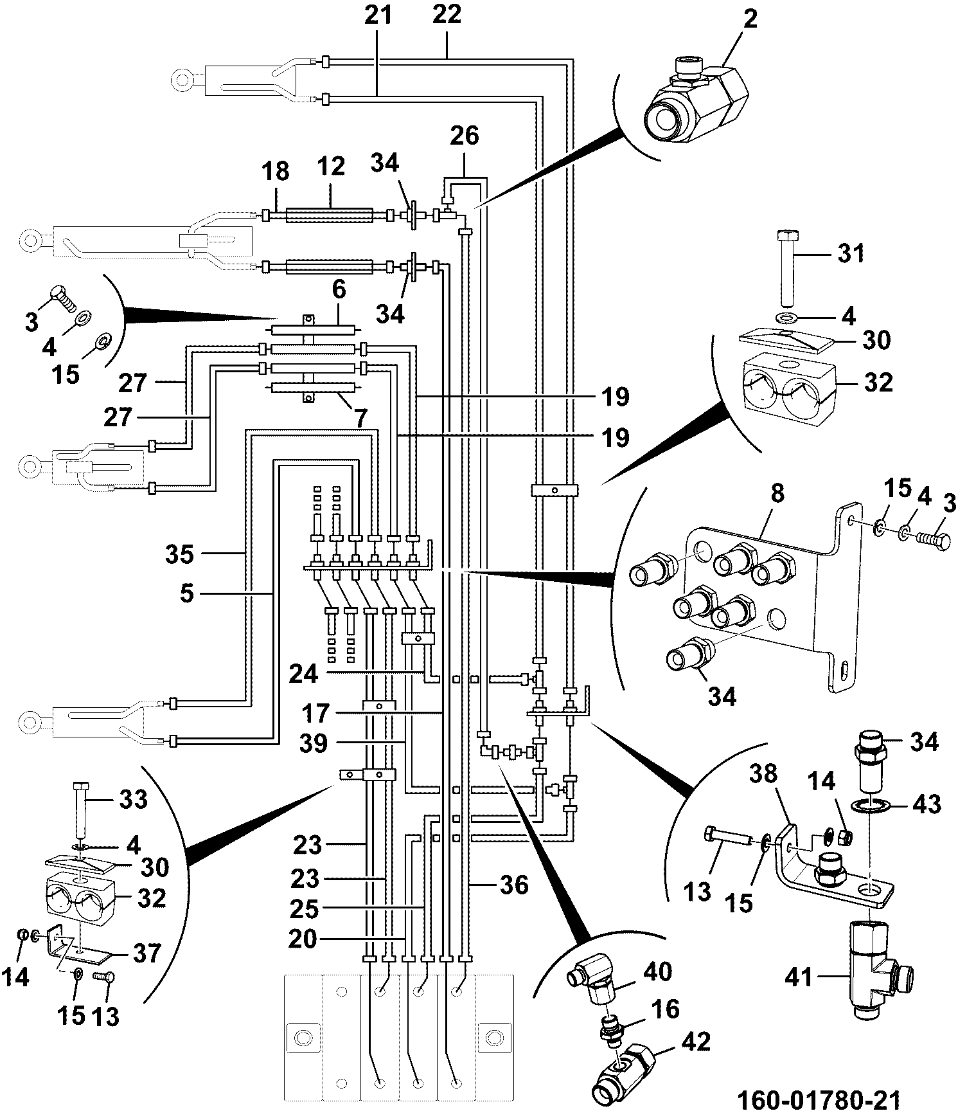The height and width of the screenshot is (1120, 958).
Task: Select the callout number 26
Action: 464,137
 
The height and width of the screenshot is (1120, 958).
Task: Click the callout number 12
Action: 330,167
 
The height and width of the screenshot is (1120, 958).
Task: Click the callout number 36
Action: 513,885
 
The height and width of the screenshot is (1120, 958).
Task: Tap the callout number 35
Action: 179,554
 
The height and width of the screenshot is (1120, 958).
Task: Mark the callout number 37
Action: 146,953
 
